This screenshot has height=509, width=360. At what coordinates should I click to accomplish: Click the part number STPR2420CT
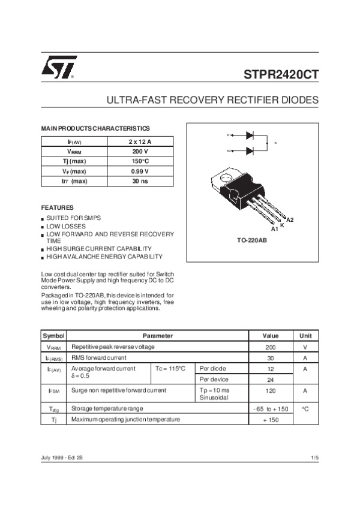click(x=281, y=76)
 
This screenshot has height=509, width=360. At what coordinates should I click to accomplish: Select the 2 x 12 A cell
click(x=140, y=141)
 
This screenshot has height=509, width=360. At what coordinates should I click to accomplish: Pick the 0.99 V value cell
click(x=140, y=171)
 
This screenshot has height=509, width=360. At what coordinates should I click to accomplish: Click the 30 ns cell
click(x=140, y=181)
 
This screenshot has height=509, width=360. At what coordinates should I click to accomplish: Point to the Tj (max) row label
click(x=74, y=161)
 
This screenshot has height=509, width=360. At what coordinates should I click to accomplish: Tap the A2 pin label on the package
click(x=290, y=220)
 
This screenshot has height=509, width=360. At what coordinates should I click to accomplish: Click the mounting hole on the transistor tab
click(x=226, y=178)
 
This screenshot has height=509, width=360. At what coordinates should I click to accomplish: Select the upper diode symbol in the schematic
click(x=250, y=135)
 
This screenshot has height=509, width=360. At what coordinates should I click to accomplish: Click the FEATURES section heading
click(x=57, y=207)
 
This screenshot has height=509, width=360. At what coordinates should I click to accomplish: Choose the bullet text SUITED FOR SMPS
click(x=74, y=218)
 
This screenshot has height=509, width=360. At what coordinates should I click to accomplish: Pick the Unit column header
click(x=305, y=336)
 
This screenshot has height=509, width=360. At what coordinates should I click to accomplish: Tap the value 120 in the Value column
click(x=270, y=390)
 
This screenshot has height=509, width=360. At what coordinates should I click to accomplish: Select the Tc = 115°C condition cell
click(x=170, y=368)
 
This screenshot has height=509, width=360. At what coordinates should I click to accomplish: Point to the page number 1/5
click(x=314, y=458)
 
